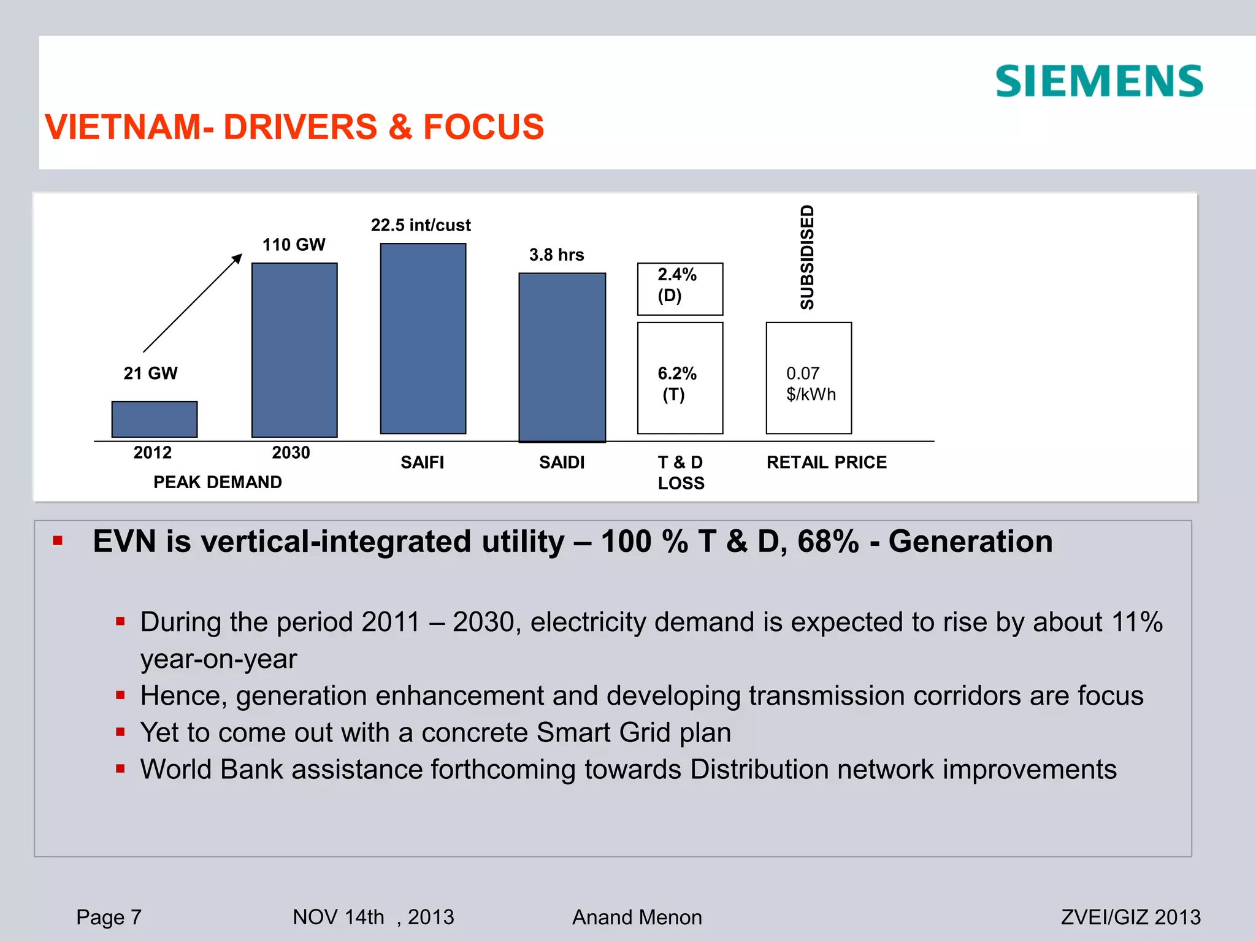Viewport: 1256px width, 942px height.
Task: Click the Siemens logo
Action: coord(1099,82)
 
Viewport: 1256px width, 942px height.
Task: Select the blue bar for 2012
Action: coord(155,419)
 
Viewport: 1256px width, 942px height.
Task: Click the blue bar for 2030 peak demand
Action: coord(294,350)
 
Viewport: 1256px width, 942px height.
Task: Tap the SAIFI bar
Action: coord(423,339)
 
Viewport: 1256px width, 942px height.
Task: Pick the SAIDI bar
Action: coord(562,358)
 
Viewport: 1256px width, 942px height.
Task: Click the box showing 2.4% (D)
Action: coord(680,289)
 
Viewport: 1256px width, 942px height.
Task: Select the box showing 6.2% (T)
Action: coord(680,378)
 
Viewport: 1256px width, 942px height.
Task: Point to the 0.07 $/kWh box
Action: coord(809,378)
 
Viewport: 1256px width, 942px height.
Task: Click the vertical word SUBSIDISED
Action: coord(807,257)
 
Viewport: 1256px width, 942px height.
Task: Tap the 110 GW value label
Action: coord(294,245)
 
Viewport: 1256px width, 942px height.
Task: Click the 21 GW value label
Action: coord(150,373)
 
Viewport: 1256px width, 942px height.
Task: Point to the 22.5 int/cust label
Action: coord(421,225)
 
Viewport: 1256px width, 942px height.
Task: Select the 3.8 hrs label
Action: coord(556,255)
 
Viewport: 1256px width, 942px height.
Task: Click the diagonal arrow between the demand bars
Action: coord(193,303)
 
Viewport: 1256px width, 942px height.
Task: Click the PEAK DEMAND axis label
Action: coord(218,482)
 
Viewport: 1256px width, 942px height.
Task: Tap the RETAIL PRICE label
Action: coord(827,462)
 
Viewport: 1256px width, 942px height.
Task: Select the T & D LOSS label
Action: coord(681,472)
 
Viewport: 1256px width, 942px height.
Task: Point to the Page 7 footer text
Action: coord(109,917)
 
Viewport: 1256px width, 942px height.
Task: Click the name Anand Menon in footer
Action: coord(637,917)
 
